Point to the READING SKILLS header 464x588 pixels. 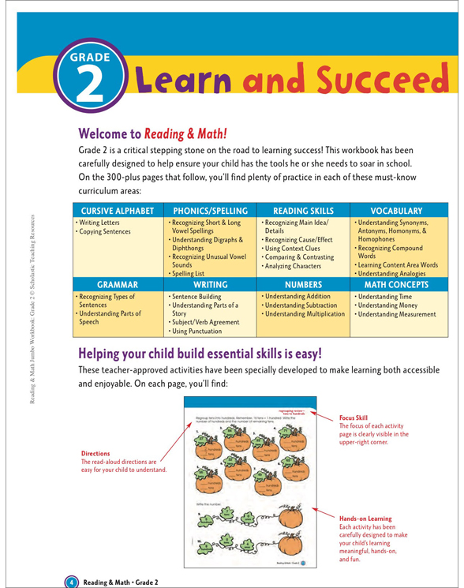point(304,212)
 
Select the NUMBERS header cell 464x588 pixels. point(304,282)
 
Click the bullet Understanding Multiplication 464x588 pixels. point(305,314)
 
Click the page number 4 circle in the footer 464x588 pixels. point(71,582)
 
